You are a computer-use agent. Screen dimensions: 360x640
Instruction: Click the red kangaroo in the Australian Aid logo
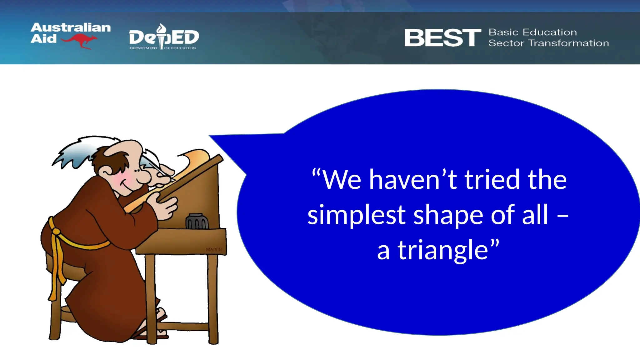pyautogui.click(x=80, y=41)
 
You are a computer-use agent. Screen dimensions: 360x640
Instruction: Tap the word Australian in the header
pyautogui.click(x=71, y=27)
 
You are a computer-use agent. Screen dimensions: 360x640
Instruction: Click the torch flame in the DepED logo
pyautogui.click(x=161, y=28)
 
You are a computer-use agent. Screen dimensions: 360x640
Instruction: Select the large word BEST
pyautogui.click(x=442, y=38)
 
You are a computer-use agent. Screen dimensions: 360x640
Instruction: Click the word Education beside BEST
pyautogui.click(x=550, y=32)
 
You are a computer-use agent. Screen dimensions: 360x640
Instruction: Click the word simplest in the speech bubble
pyautogui.click(x=356, y=215)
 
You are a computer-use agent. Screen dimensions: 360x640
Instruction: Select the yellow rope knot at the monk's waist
pyautogui.click(x=56, y=232)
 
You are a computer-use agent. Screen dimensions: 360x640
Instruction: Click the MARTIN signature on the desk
pyautogui.click(x=214, y=249)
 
